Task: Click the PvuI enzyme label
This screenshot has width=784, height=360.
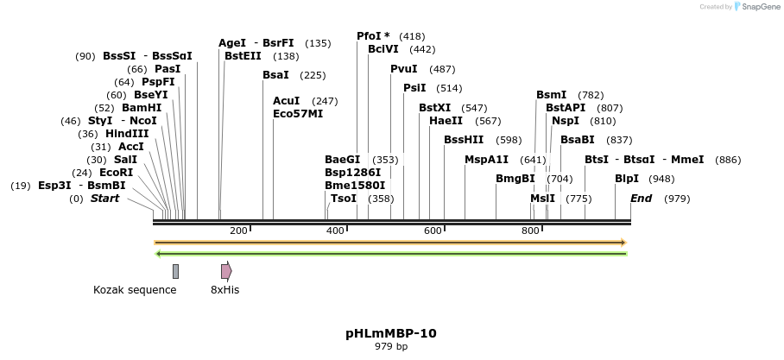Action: tap(404, 69)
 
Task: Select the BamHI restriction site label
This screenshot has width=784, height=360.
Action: tap(142, 108)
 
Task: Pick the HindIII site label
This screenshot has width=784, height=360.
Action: tap(127, 134)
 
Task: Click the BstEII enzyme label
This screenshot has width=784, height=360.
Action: tap(243, 56)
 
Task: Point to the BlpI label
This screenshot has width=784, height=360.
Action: tap(627, 179)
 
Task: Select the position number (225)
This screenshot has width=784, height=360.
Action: tap(313, 75)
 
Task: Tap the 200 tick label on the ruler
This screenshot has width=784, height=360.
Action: tap(238, 231)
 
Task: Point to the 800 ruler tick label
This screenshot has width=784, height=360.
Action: tap(530, 231)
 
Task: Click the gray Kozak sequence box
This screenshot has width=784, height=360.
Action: tap(175, 271)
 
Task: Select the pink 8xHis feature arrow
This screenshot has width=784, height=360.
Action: tap(226, 271)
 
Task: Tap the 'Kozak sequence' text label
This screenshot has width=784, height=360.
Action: tap(135, 290)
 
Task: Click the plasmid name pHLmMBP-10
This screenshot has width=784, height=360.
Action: tap(391, 332)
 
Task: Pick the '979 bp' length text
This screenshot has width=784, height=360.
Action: tap(391, 347)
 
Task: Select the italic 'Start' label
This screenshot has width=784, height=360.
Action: tap(104, 199)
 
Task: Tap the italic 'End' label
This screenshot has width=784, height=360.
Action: tap(642, 199)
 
